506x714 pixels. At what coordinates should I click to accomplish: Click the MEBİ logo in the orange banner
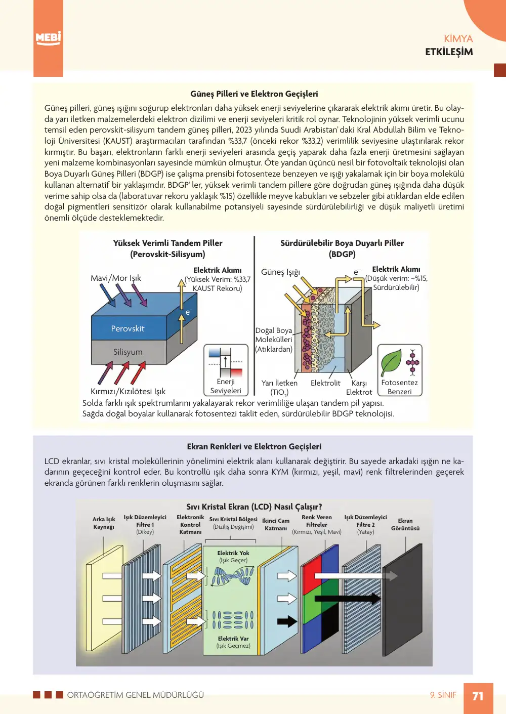pyautogui.click(x=48, y=38)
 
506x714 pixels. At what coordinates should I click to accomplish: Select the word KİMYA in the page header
pyautogui.click(x=458, y=39)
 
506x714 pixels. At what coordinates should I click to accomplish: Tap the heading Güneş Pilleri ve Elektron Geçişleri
pyautogui.click(x=254, y=94)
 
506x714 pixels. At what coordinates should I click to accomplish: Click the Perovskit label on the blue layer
pyautogui.click(x=128, y=328)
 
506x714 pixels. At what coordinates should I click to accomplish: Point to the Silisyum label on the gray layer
pyautogui.click(x=128, y=352)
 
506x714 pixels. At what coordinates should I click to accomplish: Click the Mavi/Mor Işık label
pyautogui.click(x=116, y=278)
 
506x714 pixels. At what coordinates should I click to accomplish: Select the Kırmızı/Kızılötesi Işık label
pyautogui.click(x=128, y=391)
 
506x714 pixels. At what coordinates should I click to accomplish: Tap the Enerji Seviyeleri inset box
pyautogui.click(x=226, y=370)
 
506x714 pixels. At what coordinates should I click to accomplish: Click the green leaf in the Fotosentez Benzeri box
pyautogui.click(x=391, y=363)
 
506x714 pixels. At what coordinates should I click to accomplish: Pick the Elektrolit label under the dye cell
pyautogui.click(x=325, y=383)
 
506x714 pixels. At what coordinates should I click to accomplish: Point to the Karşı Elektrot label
pyautogui.click(x=359, y=387)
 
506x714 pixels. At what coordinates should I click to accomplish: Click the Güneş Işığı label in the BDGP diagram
pyautogui.click(x=280, y=272)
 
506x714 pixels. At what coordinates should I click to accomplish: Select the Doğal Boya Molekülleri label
pyautogui.click(x=274, y=340)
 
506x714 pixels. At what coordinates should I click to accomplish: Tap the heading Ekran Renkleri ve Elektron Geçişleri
pyautogui.click(x=254, y=446)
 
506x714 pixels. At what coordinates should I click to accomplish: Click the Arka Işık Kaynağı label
pyautogui.click(x=104, y=523)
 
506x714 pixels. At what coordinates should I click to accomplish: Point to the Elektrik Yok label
pyautogui.click(x=233, y=553)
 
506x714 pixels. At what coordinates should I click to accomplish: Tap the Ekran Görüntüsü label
pyautogui.click(x=405, y=524)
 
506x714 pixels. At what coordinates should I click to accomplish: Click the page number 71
pyautogui.click(x=478, y=696)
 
